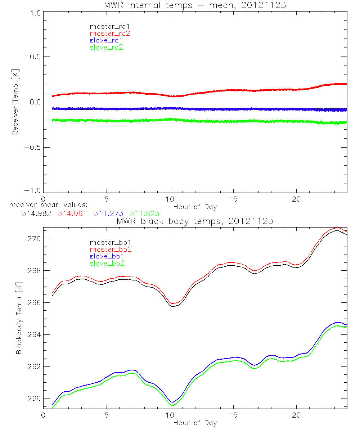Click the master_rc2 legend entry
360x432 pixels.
tap(110, 33)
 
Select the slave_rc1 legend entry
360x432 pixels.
tap(106, 40)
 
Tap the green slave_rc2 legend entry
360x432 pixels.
tap(106, 47)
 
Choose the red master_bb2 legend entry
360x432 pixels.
tap(110, 249)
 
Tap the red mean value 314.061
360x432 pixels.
tap(72, 213)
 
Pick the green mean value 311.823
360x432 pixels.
tap(145, 213)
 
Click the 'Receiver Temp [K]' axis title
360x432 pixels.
tap(15, 102)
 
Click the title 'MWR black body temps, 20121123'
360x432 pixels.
tap(195, 221)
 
